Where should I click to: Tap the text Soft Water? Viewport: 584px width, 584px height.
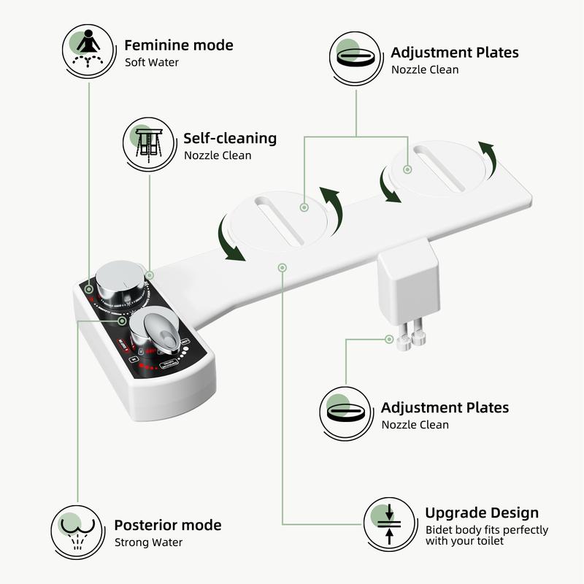point(151,63)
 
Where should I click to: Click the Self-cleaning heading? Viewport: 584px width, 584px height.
point(230,138)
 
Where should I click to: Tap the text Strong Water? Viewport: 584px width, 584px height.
point(148,542)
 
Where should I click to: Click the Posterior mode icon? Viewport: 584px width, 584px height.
point(75,530)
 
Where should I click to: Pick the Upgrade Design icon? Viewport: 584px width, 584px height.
point(389,523)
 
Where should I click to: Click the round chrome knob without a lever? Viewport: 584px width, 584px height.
point(118,280)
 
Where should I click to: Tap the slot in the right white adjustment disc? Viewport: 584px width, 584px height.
point(438,168)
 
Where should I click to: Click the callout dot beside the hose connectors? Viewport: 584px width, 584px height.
point(388,339)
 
